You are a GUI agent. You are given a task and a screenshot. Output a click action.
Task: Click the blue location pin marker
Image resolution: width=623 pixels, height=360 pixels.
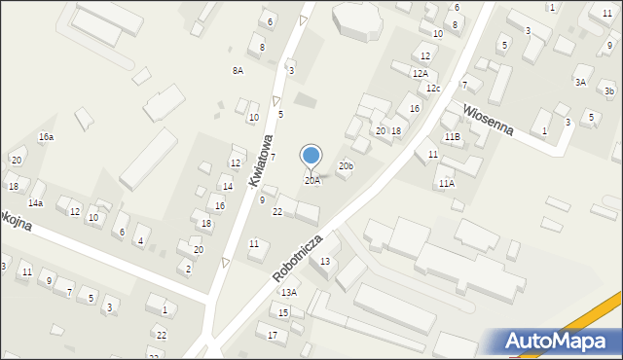(x=311, y=156)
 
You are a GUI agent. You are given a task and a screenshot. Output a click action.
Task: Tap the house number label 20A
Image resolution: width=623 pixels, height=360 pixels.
(x=311, y=181)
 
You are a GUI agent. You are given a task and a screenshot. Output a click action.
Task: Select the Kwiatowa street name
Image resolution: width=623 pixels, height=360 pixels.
(x=258, y=161)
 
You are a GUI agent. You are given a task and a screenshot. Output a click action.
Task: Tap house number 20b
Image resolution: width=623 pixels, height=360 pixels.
(x=346, y=166)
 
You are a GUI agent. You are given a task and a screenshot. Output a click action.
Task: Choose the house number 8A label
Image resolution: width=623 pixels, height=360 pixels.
(x=238, y=71)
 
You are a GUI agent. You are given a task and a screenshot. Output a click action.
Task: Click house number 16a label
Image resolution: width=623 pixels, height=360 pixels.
(x=46, y=137)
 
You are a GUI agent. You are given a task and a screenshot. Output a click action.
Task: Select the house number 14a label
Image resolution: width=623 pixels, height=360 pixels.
(x=35, y=203)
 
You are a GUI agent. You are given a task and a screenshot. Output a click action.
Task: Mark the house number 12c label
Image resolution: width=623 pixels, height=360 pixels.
(x=432, y=90)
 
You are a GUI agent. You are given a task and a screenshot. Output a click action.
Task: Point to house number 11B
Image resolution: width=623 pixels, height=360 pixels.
(x=452, y=137)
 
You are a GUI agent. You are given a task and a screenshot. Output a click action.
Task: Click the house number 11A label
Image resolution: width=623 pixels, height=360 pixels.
(x=446, y=183)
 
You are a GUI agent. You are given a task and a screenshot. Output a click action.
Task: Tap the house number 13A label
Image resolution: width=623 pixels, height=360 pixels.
(x=289, y=292)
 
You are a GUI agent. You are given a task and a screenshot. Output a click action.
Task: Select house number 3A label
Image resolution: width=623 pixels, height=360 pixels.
(x=580, y=83)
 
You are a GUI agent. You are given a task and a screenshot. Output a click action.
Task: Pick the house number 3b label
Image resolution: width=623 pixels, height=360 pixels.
(x=609, y=91)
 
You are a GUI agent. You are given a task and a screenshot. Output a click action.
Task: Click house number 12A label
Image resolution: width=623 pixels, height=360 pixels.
(x=420, y=73)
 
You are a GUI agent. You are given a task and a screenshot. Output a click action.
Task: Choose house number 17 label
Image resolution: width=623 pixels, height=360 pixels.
(x=273, y=336)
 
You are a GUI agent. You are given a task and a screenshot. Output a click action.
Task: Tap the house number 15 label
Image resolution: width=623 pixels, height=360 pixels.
(x=283, y=312)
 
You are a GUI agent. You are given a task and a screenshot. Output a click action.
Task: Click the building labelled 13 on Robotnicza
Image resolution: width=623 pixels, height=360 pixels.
(x=325, y=261)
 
